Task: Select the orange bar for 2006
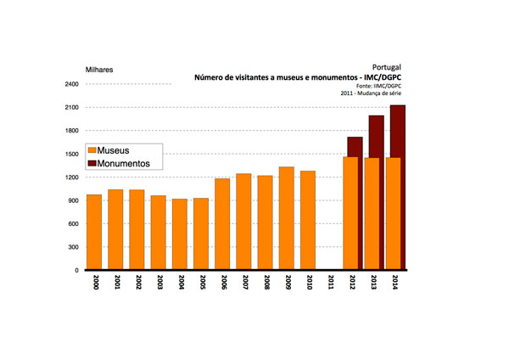click(222, 224)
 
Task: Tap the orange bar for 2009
click(287, 218)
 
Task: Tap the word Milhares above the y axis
click(99, 68)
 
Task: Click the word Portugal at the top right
click(386, 66)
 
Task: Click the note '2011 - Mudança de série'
click(369, 94)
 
